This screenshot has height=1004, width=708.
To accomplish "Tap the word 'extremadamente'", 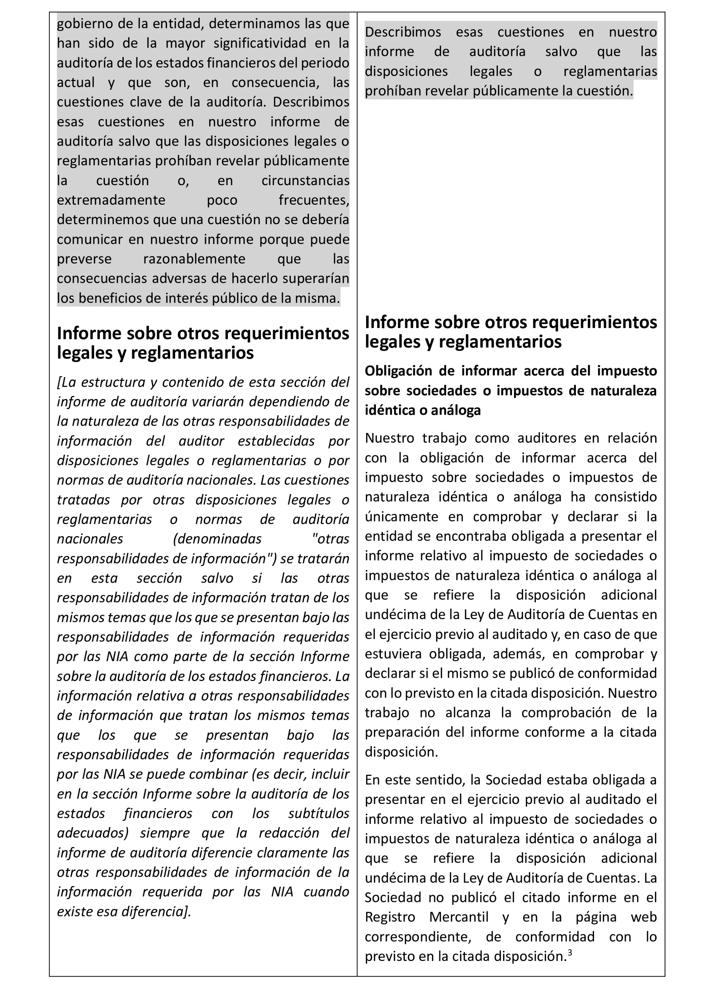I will click(x=111, y=200).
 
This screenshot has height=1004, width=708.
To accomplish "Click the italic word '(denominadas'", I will click(x=217, y=539).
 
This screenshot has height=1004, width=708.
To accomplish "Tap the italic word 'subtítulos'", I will click(x=318, y=813).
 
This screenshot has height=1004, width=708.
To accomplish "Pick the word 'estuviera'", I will click(x=393, y=654).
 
